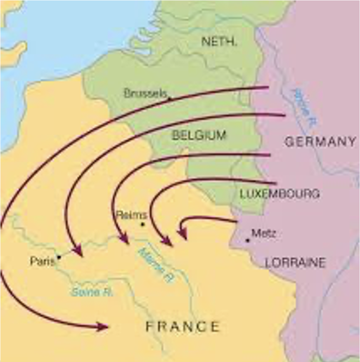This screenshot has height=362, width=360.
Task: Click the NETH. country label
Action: click(x=219, y=42)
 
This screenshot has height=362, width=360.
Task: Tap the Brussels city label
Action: click(x=145, y=93)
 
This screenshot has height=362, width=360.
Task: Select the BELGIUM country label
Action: click(x=199, y=135)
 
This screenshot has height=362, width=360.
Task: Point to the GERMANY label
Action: click(x=320, y=142)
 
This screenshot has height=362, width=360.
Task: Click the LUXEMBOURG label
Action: click(x=280, y=194)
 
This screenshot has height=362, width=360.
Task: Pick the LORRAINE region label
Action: click(x=295, y=263)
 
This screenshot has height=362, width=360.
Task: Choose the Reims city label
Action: click(x=132, y=215)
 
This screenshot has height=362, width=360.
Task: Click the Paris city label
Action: click(x=42, y=261)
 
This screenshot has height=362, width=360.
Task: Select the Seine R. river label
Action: click(x=92, y=292)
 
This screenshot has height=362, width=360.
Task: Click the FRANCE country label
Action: click(x=182, y=327)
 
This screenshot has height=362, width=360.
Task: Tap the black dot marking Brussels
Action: click(x=170, y=99)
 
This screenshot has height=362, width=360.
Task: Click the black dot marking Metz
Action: click(x=247, y=240)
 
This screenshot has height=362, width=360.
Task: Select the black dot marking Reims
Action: click(x=142, y=224)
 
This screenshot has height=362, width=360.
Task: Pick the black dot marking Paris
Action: click(x=59, y=256)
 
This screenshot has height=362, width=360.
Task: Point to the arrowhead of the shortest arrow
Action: click(x=182, y=233)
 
